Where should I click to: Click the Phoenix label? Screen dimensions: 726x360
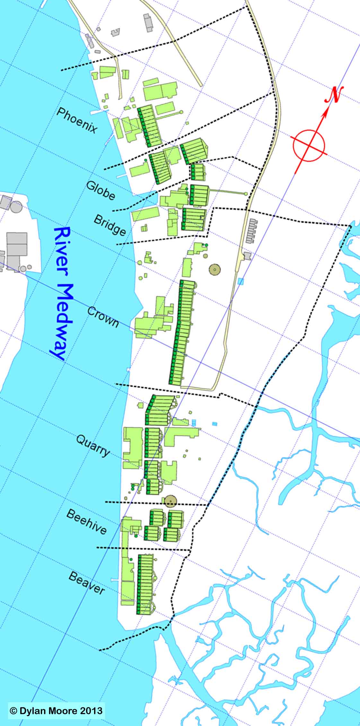click(77, 120)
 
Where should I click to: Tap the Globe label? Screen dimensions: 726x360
click(101, 190)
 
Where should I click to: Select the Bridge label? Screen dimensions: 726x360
click(110, 225)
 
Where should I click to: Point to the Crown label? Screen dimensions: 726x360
click(103, 317)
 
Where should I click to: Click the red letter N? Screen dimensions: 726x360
click(334, 95)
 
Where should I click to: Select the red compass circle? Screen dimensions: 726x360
click(309, 145)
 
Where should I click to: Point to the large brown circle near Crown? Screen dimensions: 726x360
click(215, 269)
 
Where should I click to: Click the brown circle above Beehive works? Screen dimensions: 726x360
click(171, 500)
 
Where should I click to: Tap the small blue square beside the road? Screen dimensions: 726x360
click(241, 281)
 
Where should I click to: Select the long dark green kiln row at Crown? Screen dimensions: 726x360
click(182, 332)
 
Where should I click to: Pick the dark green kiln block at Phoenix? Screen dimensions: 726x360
click(149, 126)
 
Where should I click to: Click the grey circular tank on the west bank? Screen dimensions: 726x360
click(16, 206)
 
